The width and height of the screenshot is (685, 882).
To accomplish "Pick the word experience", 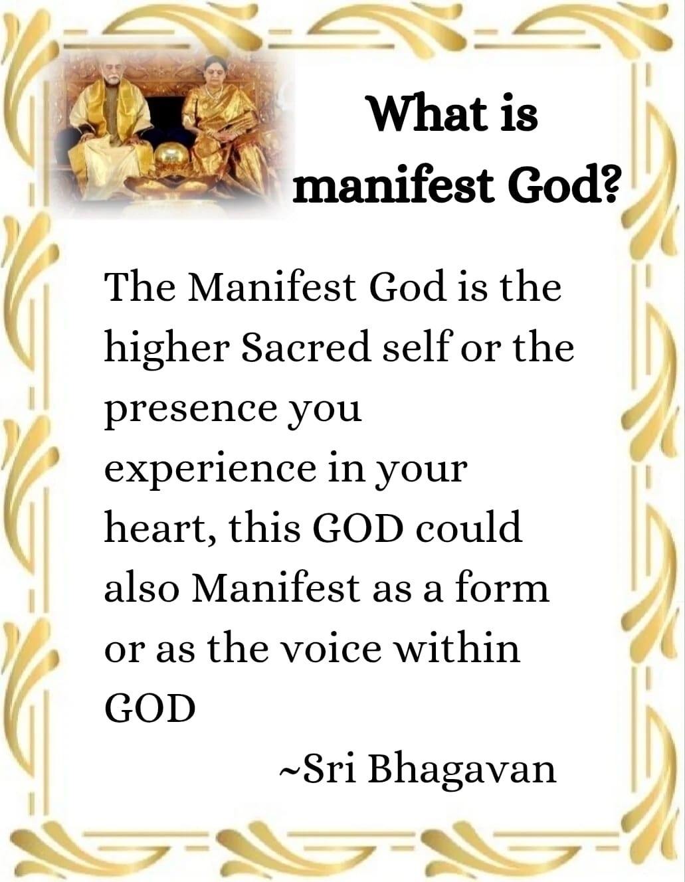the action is coord(209,471).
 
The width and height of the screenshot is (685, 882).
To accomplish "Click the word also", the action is coord(142,587).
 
